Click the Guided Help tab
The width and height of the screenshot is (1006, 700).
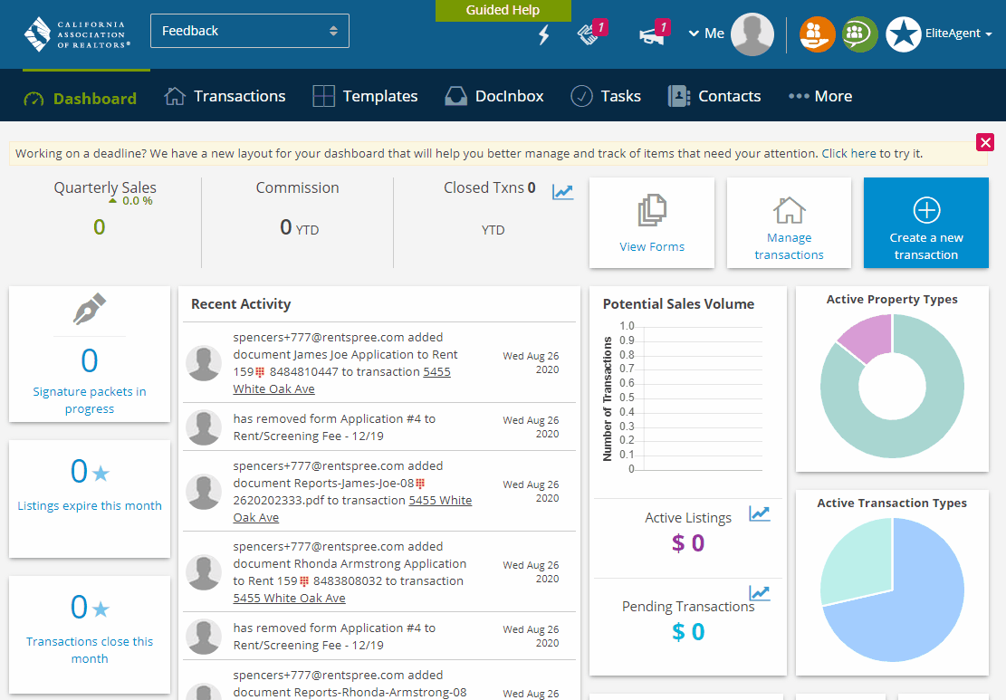point(503,11)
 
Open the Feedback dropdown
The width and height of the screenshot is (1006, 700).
point(249,31)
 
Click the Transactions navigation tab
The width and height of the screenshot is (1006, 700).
point(225,96)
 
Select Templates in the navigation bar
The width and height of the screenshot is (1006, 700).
point(365,96)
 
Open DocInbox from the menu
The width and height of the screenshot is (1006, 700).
point(494,96)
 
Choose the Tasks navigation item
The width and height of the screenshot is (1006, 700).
point(606,96)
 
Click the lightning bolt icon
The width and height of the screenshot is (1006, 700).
point(543,35)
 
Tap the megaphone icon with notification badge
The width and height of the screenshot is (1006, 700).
point(652,34)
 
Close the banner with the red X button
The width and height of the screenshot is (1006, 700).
point(985,142)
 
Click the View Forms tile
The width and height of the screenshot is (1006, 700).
point(652,223)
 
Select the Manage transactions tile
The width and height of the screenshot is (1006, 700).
point(789,223)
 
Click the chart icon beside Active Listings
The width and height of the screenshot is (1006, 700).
point(759,514)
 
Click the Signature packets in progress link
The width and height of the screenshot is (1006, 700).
point(90,400)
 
